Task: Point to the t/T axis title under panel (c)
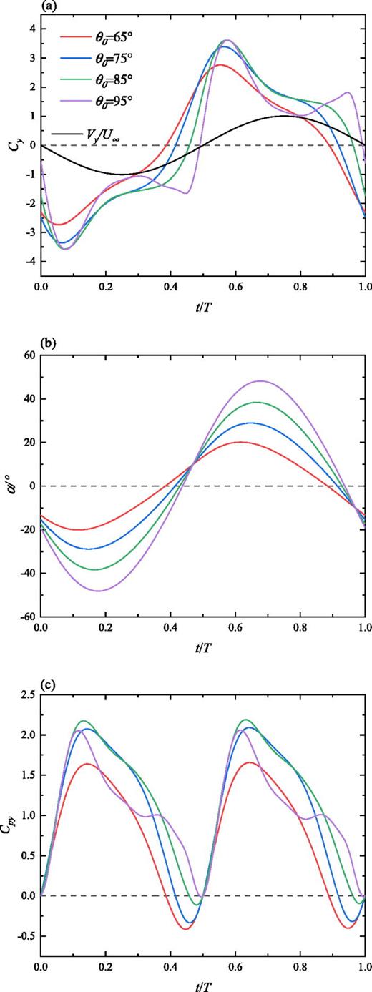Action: (202, 983)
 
